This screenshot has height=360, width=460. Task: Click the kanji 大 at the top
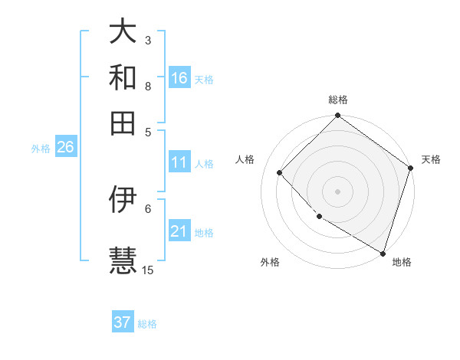click(x=123, y=33)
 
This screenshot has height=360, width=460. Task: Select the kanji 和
click(x=123, y=78)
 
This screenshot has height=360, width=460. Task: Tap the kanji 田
click(x=123, y=123)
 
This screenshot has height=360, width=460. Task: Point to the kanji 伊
click(x=123, y=199)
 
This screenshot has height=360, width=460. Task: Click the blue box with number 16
click(x=179, y=78)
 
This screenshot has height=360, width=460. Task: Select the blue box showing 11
click(x=179, y=162)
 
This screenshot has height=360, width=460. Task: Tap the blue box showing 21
click(x=179, y=231)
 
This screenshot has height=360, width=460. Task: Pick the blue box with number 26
click(x=65, y=148)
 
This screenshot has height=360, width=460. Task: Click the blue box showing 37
click(x=123, y=322)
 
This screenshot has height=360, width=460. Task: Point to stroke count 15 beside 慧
click(x=148, y=270)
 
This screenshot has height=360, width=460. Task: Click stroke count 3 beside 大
click(x=148, y=40)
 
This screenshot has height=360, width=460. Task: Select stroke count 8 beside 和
click(x=148, y=87)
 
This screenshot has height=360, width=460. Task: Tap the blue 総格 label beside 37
click(x=147, y=324)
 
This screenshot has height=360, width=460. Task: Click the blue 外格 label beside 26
click(x=41, y=149)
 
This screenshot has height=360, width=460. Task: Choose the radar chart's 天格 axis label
click(x=431, y=159)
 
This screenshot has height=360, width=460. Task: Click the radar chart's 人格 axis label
click(x=245, y=159)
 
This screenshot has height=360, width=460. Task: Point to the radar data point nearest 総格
click(x=337, y=116)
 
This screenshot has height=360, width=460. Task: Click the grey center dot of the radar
click(x=337, y=191)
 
